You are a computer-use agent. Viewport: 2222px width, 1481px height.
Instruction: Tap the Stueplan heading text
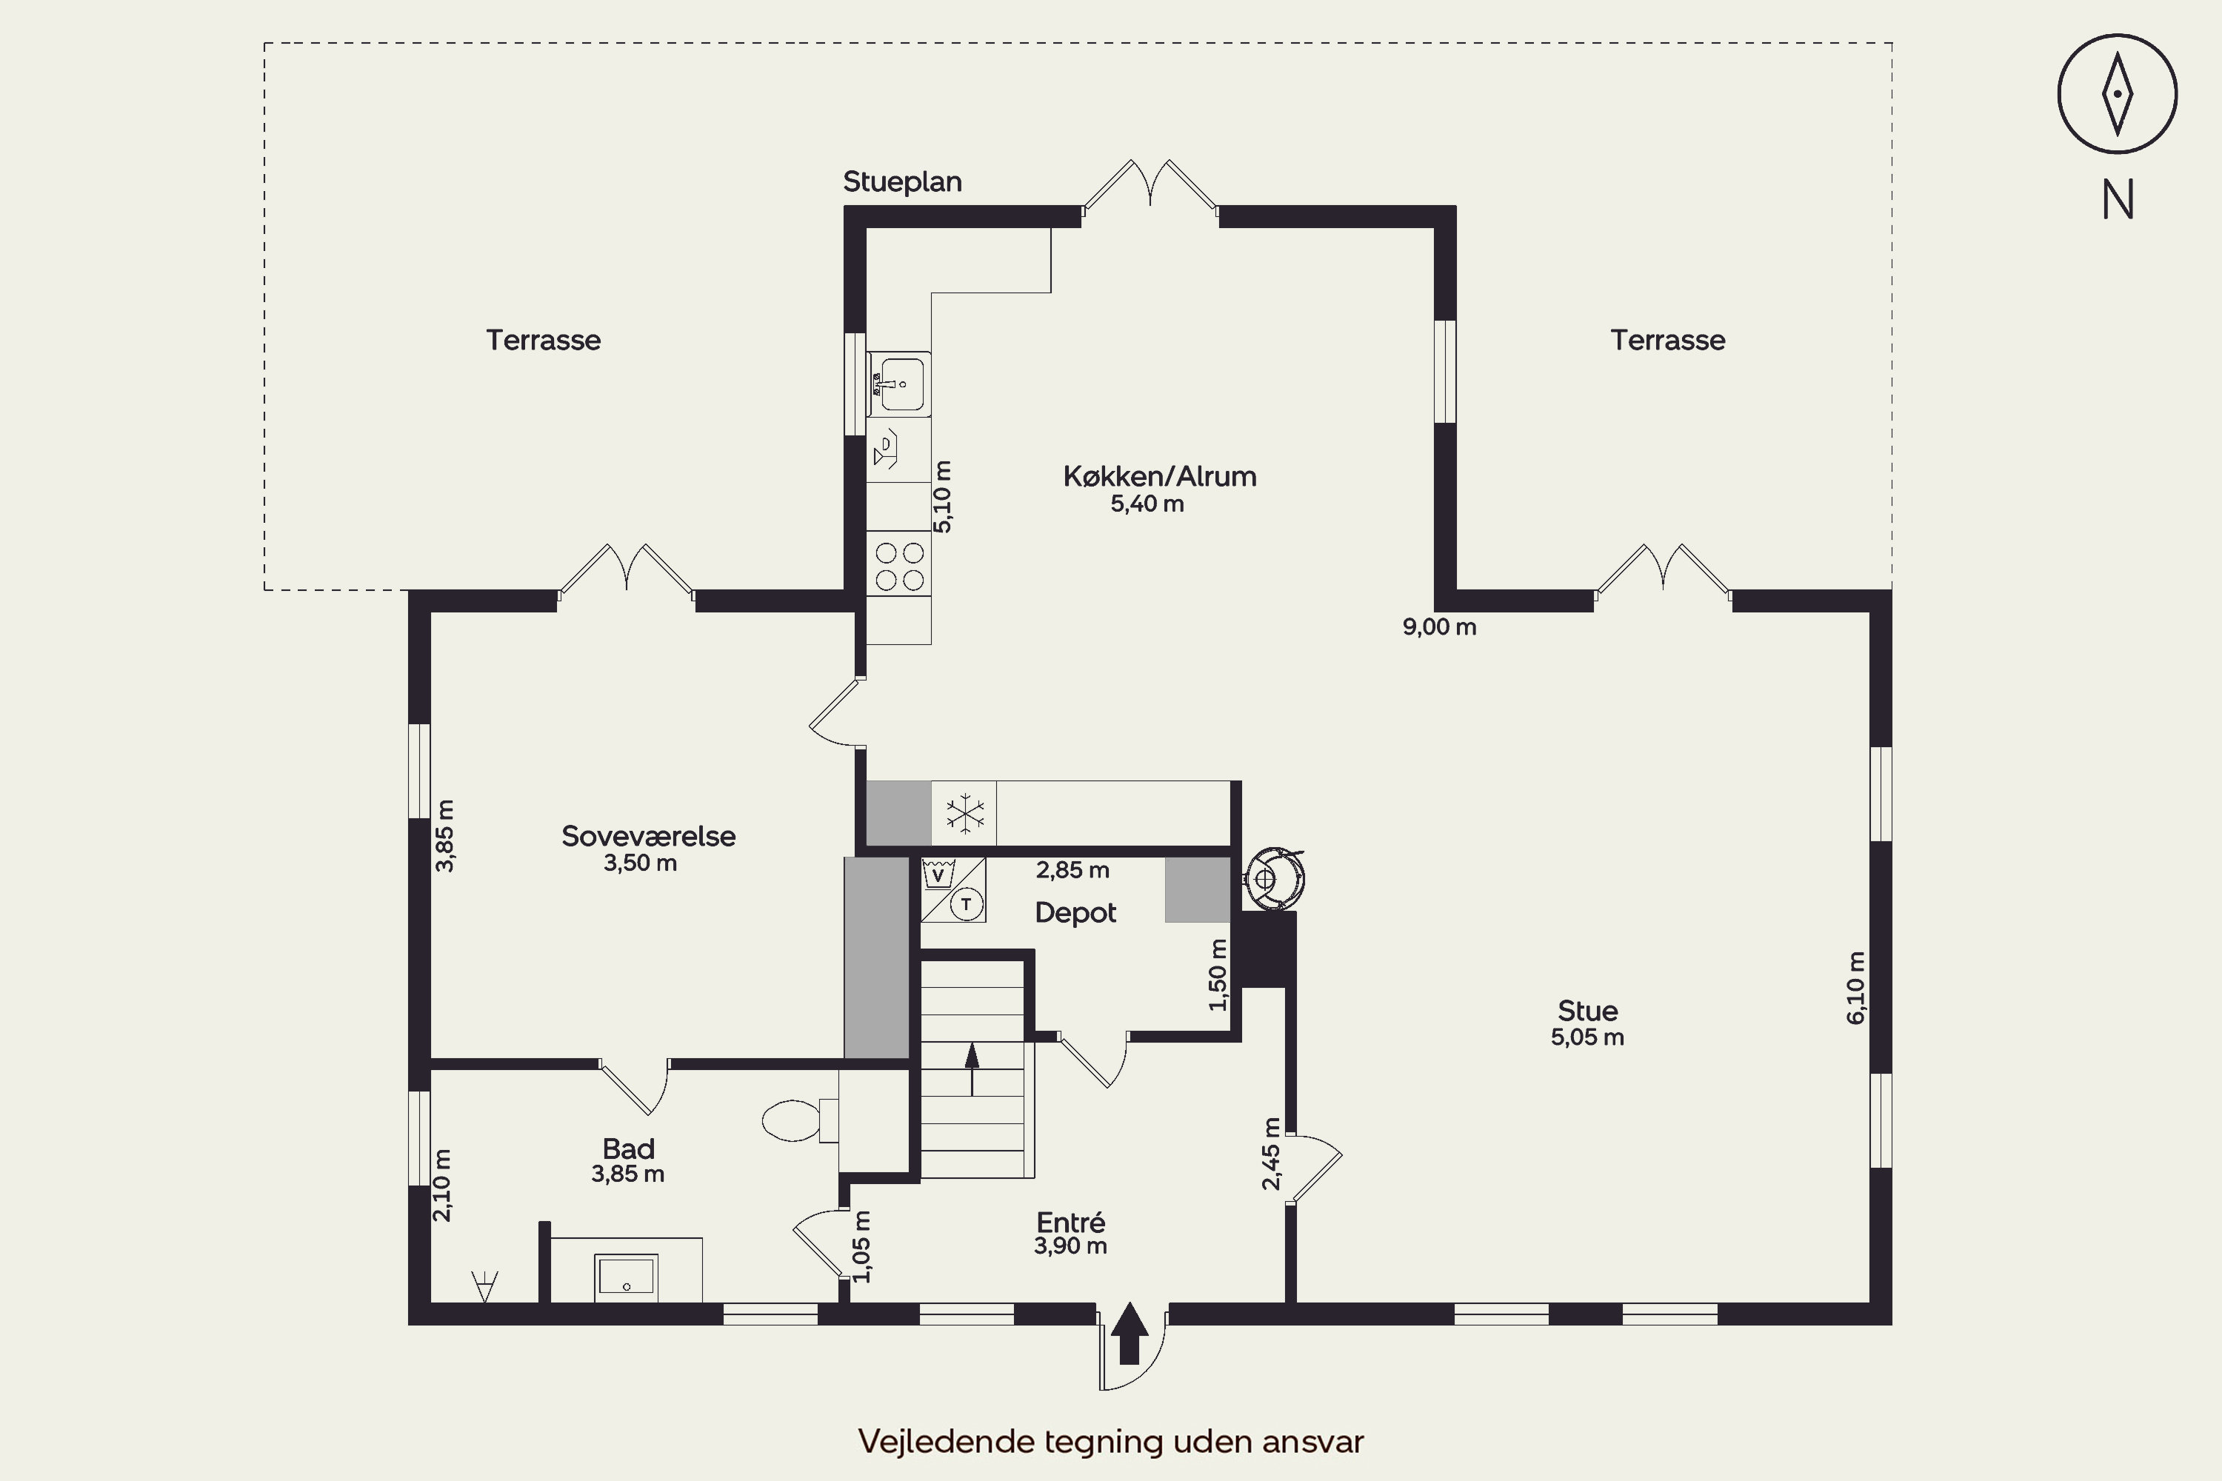[x=902, y=181]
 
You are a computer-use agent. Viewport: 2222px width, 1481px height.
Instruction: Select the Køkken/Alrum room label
[x=1159, y=476]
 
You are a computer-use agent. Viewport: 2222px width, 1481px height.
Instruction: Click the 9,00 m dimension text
[x=1439, y=627]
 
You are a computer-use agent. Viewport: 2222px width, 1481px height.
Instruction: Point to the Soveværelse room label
[x=648, y=836]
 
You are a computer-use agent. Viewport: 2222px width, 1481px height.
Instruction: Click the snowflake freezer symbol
[x=964, y=813]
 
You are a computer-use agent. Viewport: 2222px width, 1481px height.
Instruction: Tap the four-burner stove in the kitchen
[x=898, y=565]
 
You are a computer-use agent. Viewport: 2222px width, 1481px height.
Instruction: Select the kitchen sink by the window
[x=898, y=384]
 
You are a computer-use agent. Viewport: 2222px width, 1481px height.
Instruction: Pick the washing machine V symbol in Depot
[x=937, y=875]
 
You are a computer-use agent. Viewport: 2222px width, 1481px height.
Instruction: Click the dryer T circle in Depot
[x=966, y=905]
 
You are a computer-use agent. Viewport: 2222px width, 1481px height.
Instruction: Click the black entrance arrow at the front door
[x=1129, y=1333]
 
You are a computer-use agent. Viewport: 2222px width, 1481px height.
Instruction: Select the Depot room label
[x=1075, y=912]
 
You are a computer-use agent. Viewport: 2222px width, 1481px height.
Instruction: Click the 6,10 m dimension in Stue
[x=1856, y=987]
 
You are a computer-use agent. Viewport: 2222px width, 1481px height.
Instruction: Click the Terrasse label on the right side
[x=1667, y=340]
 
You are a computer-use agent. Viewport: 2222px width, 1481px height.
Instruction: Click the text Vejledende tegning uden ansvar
[x=1111, y=1441]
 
